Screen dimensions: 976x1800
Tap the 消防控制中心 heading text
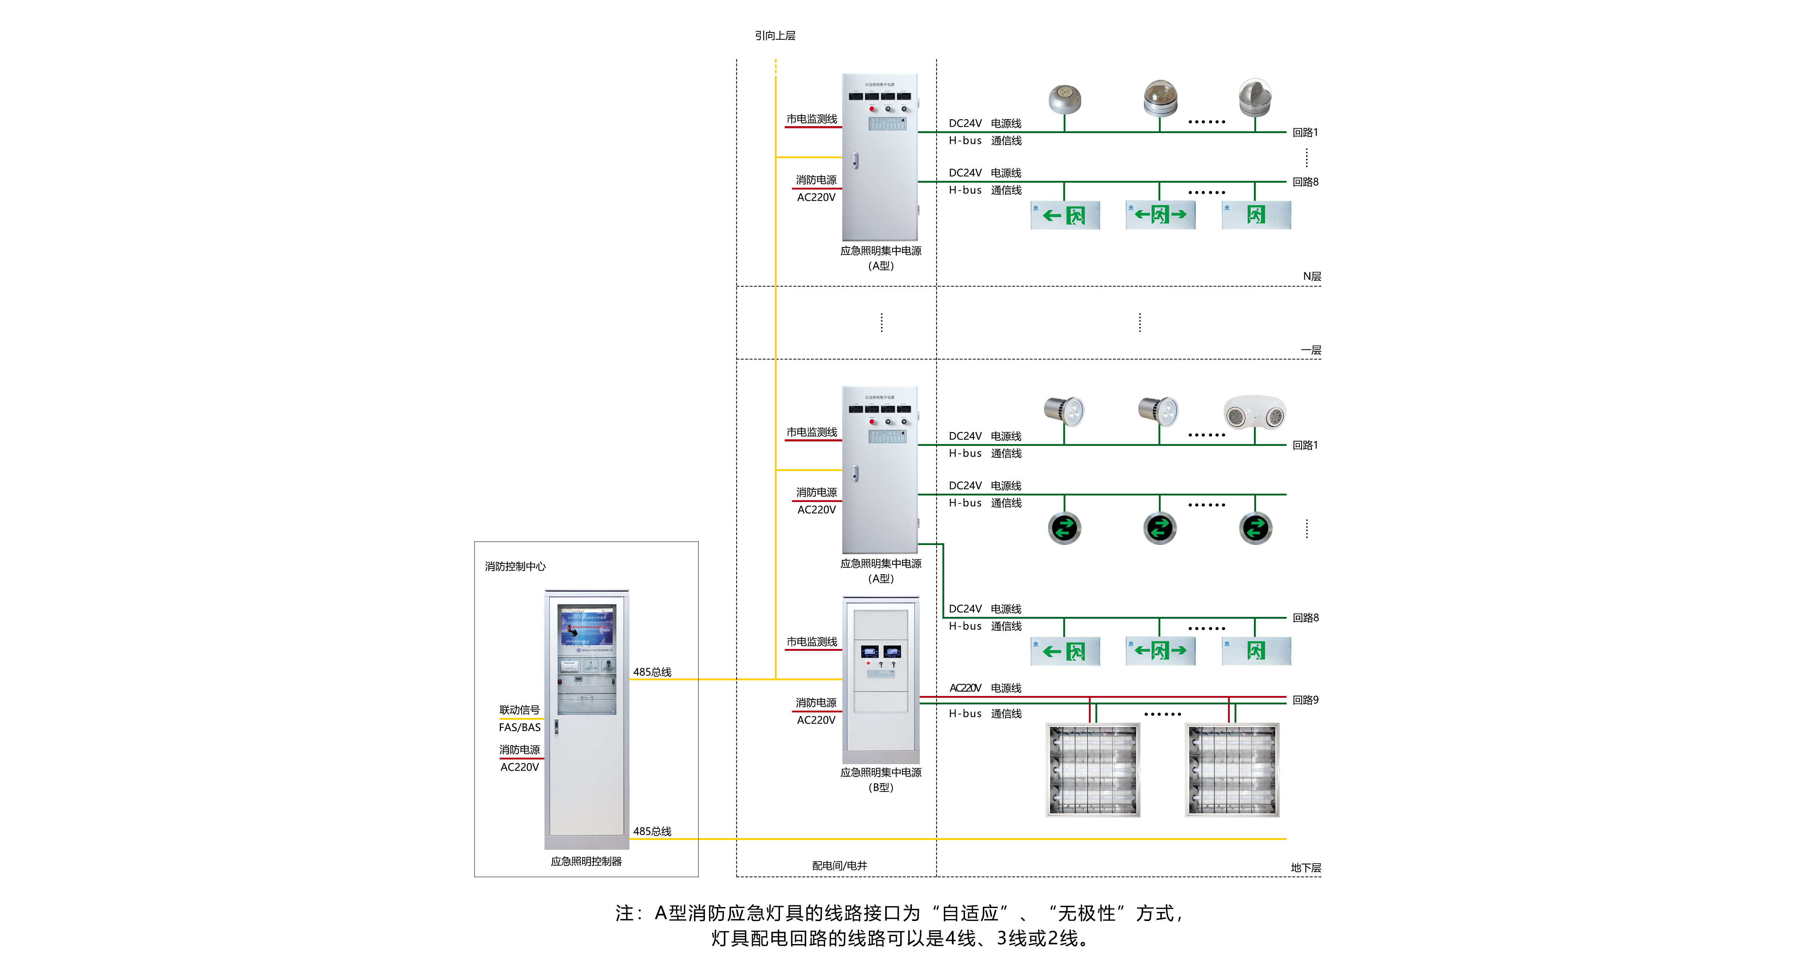point(515,566)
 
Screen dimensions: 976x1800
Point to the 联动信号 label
point(519,709)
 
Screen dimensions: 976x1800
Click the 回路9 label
point(1305,700)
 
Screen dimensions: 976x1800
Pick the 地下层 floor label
point(1305,868)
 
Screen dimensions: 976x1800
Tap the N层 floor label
point(1311,276)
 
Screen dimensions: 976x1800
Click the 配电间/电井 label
point(839,866)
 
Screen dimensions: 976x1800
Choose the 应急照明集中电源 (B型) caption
point(881,779)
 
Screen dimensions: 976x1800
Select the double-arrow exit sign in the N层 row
point(1160,215)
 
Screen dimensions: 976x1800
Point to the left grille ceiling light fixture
point(1093,770)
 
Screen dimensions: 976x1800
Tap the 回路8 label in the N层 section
point(1305,182)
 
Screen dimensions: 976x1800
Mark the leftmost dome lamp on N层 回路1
point(1064,98)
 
